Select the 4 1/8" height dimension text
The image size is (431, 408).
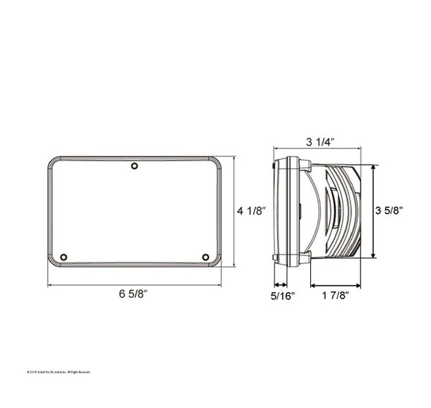(251, 211)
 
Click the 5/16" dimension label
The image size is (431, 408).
(282, 296)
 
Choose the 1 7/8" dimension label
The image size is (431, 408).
(335, 296)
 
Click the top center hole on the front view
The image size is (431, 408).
(134, 167)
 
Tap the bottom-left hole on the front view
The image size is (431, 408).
(64, 257)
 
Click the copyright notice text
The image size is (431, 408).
(58, 372)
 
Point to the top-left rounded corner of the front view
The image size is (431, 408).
(52, 160)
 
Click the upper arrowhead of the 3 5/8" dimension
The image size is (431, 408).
(373, 168)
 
